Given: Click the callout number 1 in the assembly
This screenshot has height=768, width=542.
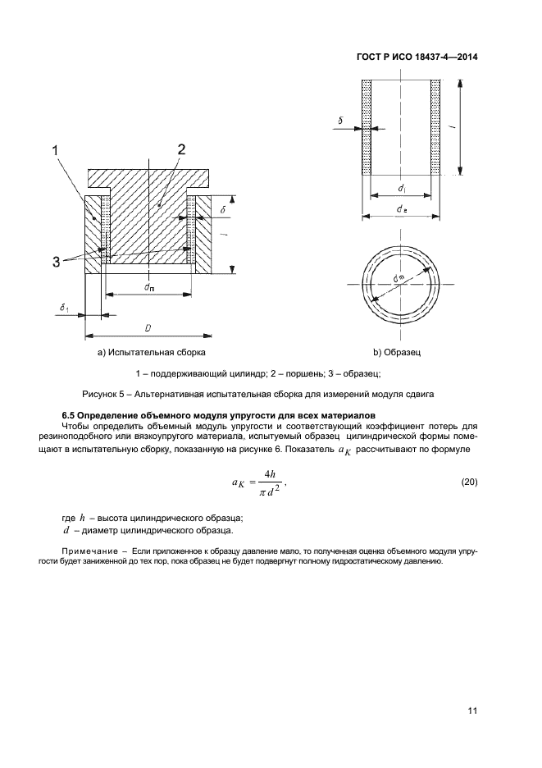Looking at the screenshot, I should pos(56,149).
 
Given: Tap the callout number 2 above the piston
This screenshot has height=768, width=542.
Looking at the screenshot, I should pos(181,149).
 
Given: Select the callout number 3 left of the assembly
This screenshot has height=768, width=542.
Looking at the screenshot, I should pos(57,262).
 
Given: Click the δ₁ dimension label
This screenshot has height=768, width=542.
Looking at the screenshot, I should pos(65,308).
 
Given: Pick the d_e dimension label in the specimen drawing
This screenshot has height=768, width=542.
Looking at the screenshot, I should pos(403,210).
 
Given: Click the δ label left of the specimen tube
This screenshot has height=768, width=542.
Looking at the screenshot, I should pos(339,121).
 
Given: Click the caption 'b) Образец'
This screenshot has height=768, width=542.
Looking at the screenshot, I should pos(397,353).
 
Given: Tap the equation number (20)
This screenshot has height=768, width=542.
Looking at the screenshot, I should pos(466,480).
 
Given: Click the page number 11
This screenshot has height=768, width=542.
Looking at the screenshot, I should pos(471,711).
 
